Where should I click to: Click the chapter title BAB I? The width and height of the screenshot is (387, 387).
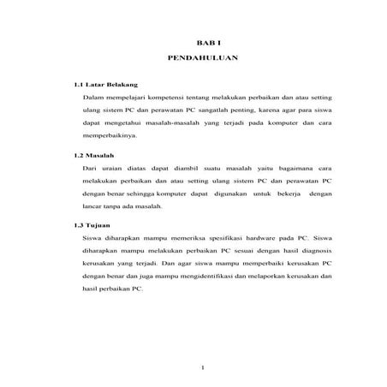click(x=202, y=42)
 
